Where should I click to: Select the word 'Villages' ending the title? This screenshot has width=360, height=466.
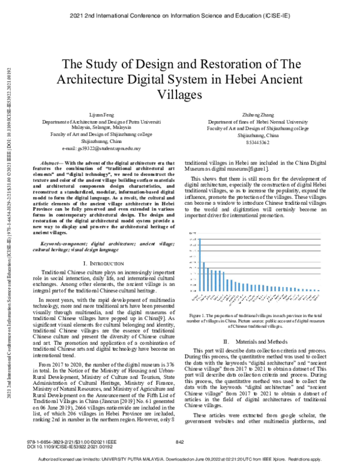180,94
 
